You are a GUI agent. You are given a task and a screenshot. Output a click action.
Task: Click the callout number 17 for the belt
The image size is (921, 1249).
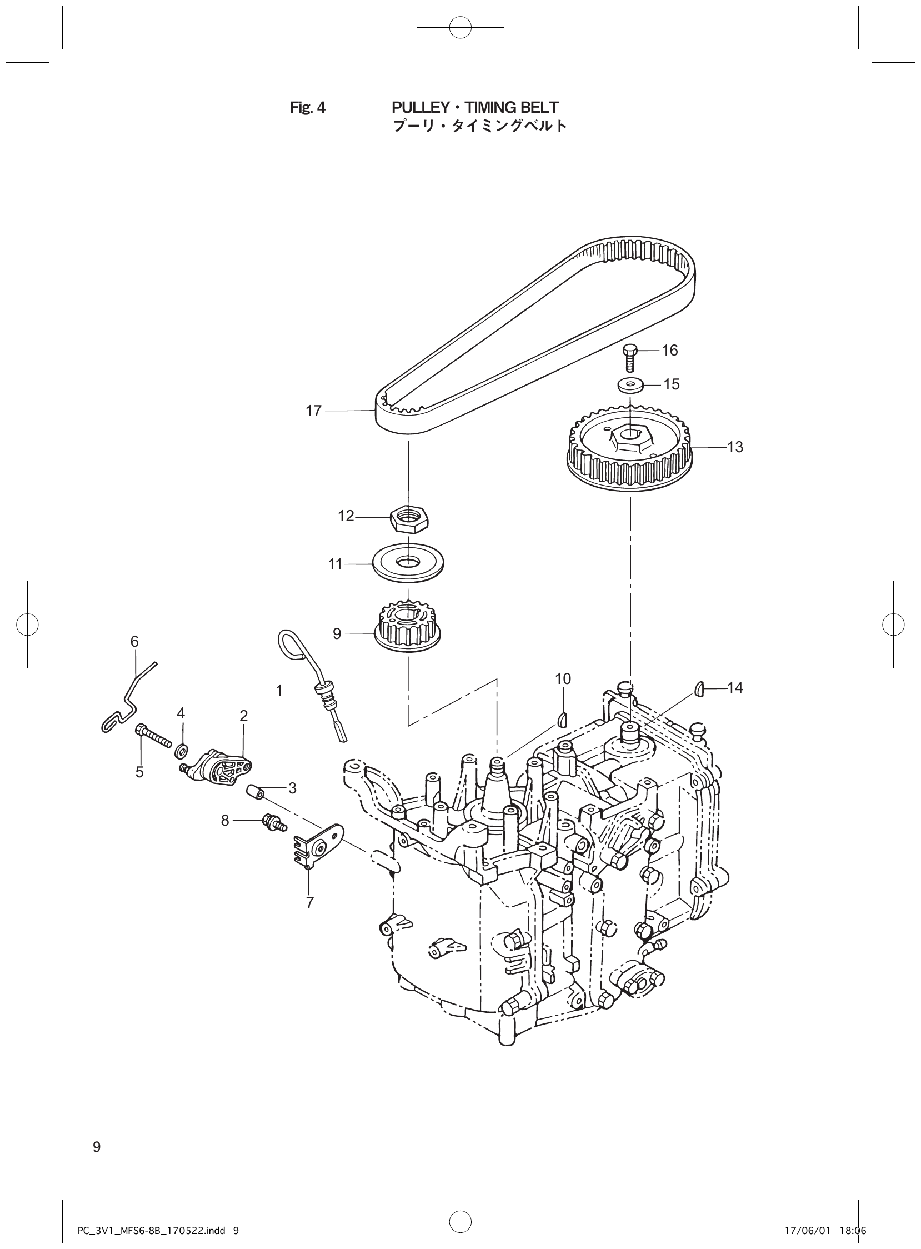(314, 411)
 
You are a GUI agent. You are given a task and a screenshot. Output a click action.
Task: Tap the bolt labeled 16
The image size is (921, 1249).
(628, 357)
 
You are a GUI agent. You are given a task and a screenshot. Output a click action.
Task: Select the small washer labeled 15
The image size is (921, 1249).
(630, 384)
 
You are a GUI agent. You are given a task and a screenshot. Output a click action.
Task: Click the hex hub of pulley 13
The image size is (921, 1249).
(629, 436)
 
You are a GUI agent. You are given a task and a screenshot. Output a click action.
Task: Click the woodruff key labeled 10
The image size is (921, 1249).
(563, 719)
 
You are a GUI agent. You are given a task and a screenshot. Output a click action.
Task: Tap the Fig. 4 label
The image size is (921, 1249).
(307, 107)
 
